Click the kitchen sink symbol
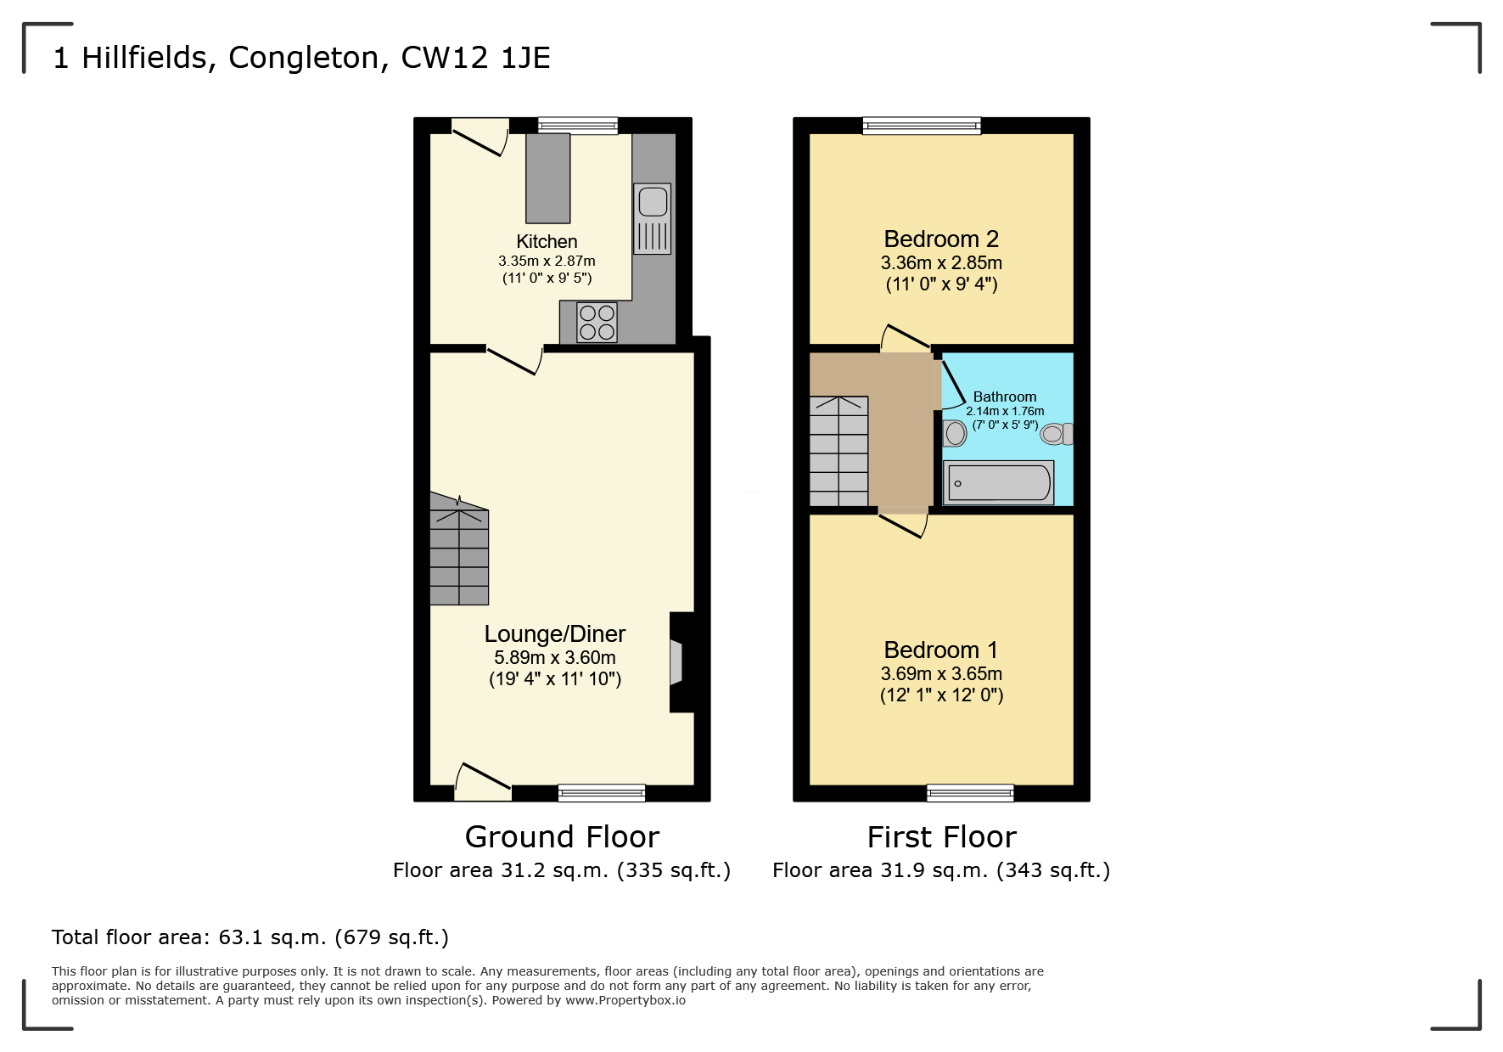tap(652, 218)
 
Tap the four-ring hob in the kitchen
tap(597, 323)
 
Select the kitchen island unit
tap(547, 178)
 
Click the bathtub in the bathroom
tap(999, 482)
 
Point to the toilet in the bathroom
tap(1057, 434)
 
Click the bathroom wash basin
tap(955, 433)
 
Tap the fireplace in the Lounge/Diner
tap(680, 662)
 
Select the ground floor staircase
tap(459, 556)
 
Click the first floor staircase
tap(838, 451)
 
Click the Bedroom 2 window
tap(922, 127)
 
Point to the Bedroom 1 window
tap(970, 793)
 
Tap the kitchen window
tap(578, 127)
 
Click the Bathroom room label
tap(1005, 397)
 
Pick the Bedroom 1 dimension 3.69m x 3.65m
tap(941, 673)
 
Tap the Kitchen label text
tap(547, 242)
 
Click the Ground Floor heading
tap(562, 837)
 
